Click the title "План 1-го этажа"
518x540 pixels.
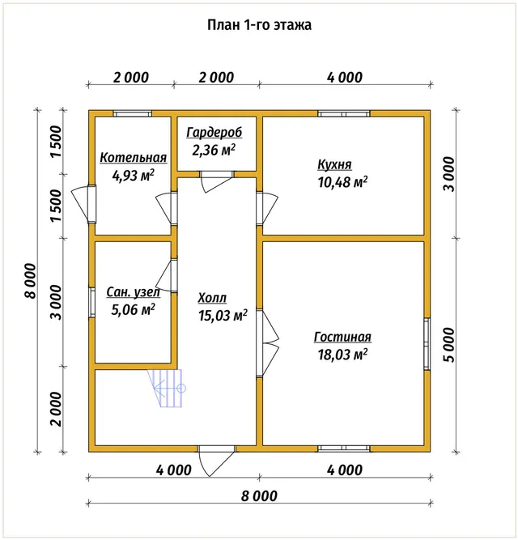click(x=259, y=25)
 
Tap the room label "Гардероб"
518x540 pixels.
click(x=214, y=133)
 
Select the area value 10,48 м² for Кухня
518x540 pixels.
click(x=342, y=182)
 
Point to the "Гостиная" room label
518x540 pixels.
click(x=342, y=337)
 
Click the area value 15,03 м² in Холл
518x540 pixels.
click(x=223, y=315)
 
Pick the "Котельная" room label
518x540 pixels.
click(x=134, y=158)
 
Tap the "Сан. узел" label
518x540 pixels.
click(x=134, y=292)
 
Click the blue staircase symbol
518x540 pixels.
click(x=167, y=388)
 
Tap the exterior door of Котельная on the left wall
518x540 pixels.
click(x=84, y=204)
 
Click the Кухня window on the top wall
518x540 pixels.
click(x=343, y=113)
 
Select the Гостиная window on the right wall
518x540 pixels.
click(x=427, y=343)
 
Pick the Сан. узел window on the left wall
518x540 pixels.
click(x=92, y=302)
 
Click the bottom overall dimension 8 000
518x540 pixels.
click(x=259, y=496)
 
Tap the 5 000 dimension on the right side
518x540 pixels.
click(x=449, y=345)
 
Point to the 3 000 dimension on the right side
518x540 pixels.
click(x=449, y=174)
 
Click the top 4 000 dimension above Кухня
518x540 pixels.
click(x=345, y=78)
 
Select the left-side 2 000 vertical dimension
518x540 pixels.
click(x=56, y=409)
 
